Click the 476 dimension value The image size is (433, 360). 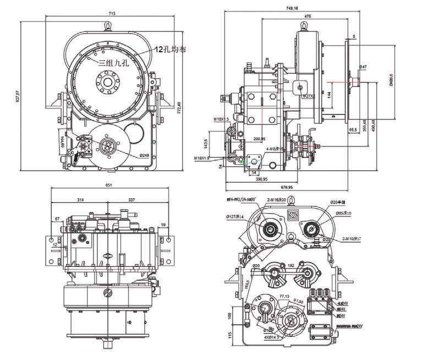pos(306,17)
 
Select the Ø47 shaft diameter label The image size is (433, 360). pos(363,67)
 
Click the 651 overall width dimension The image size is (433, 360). pos(108,186)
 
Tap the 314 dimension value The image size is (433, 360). pos(80,199)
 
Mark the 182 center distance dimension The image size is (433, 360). pos(291,265)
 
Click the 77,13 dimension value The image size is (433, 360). pos(284,296)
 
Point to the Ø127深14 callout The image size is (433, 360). pos(235,217)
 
